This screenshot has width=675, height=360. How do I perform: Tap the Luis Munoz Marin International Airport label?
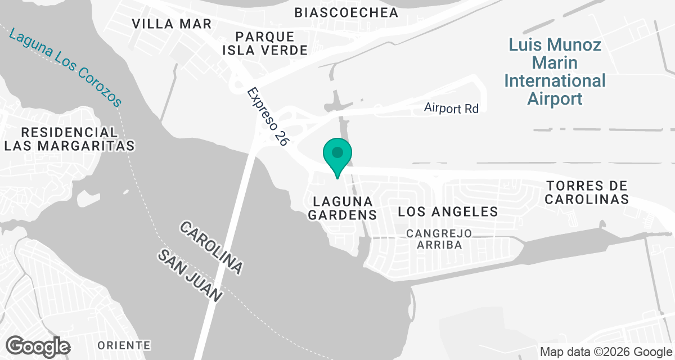pos(555,71)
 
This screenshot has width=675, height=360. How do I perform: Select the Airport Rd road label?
pos(451,108)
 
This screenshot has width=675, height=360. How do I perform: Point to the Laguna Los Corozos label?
pos(65,67)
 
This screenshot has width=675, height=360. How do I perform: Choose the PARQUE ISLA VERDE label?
pos(265,43)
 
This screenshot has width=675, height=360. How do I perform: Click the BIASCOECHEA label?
pos(346,12)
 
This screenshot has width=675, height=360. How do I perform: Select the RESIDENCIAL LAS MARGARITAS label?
pos(69,139)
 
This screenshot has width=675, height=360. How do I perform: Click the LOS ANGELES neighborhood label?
pos(448,211)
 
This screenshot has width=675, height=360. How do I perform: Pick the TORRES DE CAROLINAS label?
pos(587,192)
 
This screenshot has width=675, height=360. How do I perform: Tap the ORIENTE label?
pos(124,345)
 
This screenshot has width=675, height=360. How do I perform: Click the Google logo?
pos(38,346)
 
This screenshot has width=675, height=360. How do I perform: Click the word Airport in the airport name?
pos(555,99)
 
